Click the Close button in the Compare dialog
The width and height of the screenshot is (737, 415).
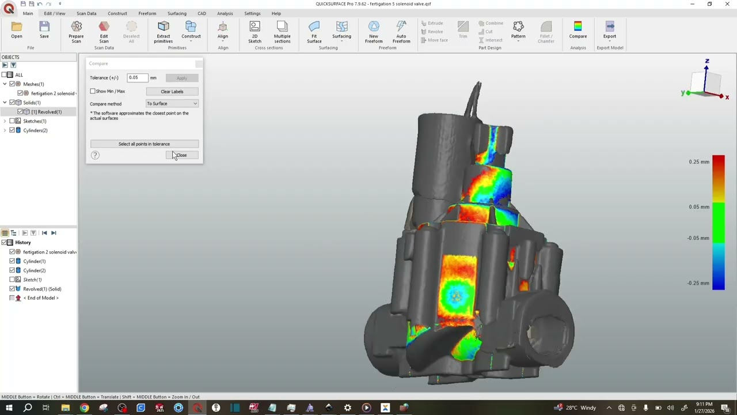(x=182, y=155)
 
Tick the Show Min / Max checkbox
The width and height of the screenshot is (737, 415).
(x=93, y=91)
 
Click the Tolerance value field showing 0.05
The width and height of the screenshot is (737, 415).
(x=137, y=78)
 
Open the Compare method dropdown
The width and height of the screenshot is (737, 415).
(x=172, y=104)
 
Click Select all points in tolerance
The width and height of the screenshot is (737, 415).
(x=144, y=144)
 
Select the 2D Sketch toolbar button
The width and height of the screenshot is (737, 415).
(x=254, y=31)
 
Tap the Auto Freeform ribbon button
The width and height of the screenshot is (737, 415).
(x=401, y=31)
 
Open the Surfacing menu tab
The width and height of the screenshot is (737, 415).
(x=177, y=13)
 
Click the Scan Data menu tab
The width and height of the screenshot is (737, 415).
(x=86, y=13)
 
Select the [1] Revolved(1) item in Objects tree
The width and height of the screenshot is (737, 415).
(x=46, y=112)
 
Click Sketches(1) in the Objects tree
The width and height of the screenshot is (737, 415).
(x=35, y=121)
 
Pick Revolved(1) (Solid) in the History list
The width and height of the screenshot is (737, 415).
(x=42, y=289)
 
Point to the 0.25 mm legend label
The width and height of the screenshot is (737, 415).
(x=699, y=162)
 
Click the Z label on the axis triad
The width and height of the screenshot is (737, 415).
(x=707, y=61)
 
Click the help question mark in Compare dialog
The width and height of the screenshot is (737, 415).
(x=95, y=155)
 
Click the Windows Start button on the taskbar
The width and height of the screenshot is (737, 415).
(x=9, y=408)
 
